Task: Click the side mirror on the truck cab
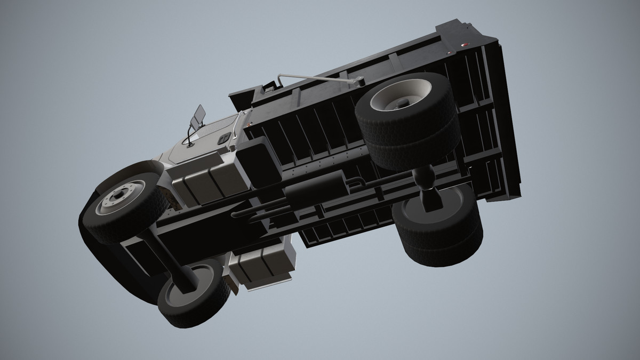198,117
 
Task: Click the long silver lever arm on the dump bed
320,79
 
